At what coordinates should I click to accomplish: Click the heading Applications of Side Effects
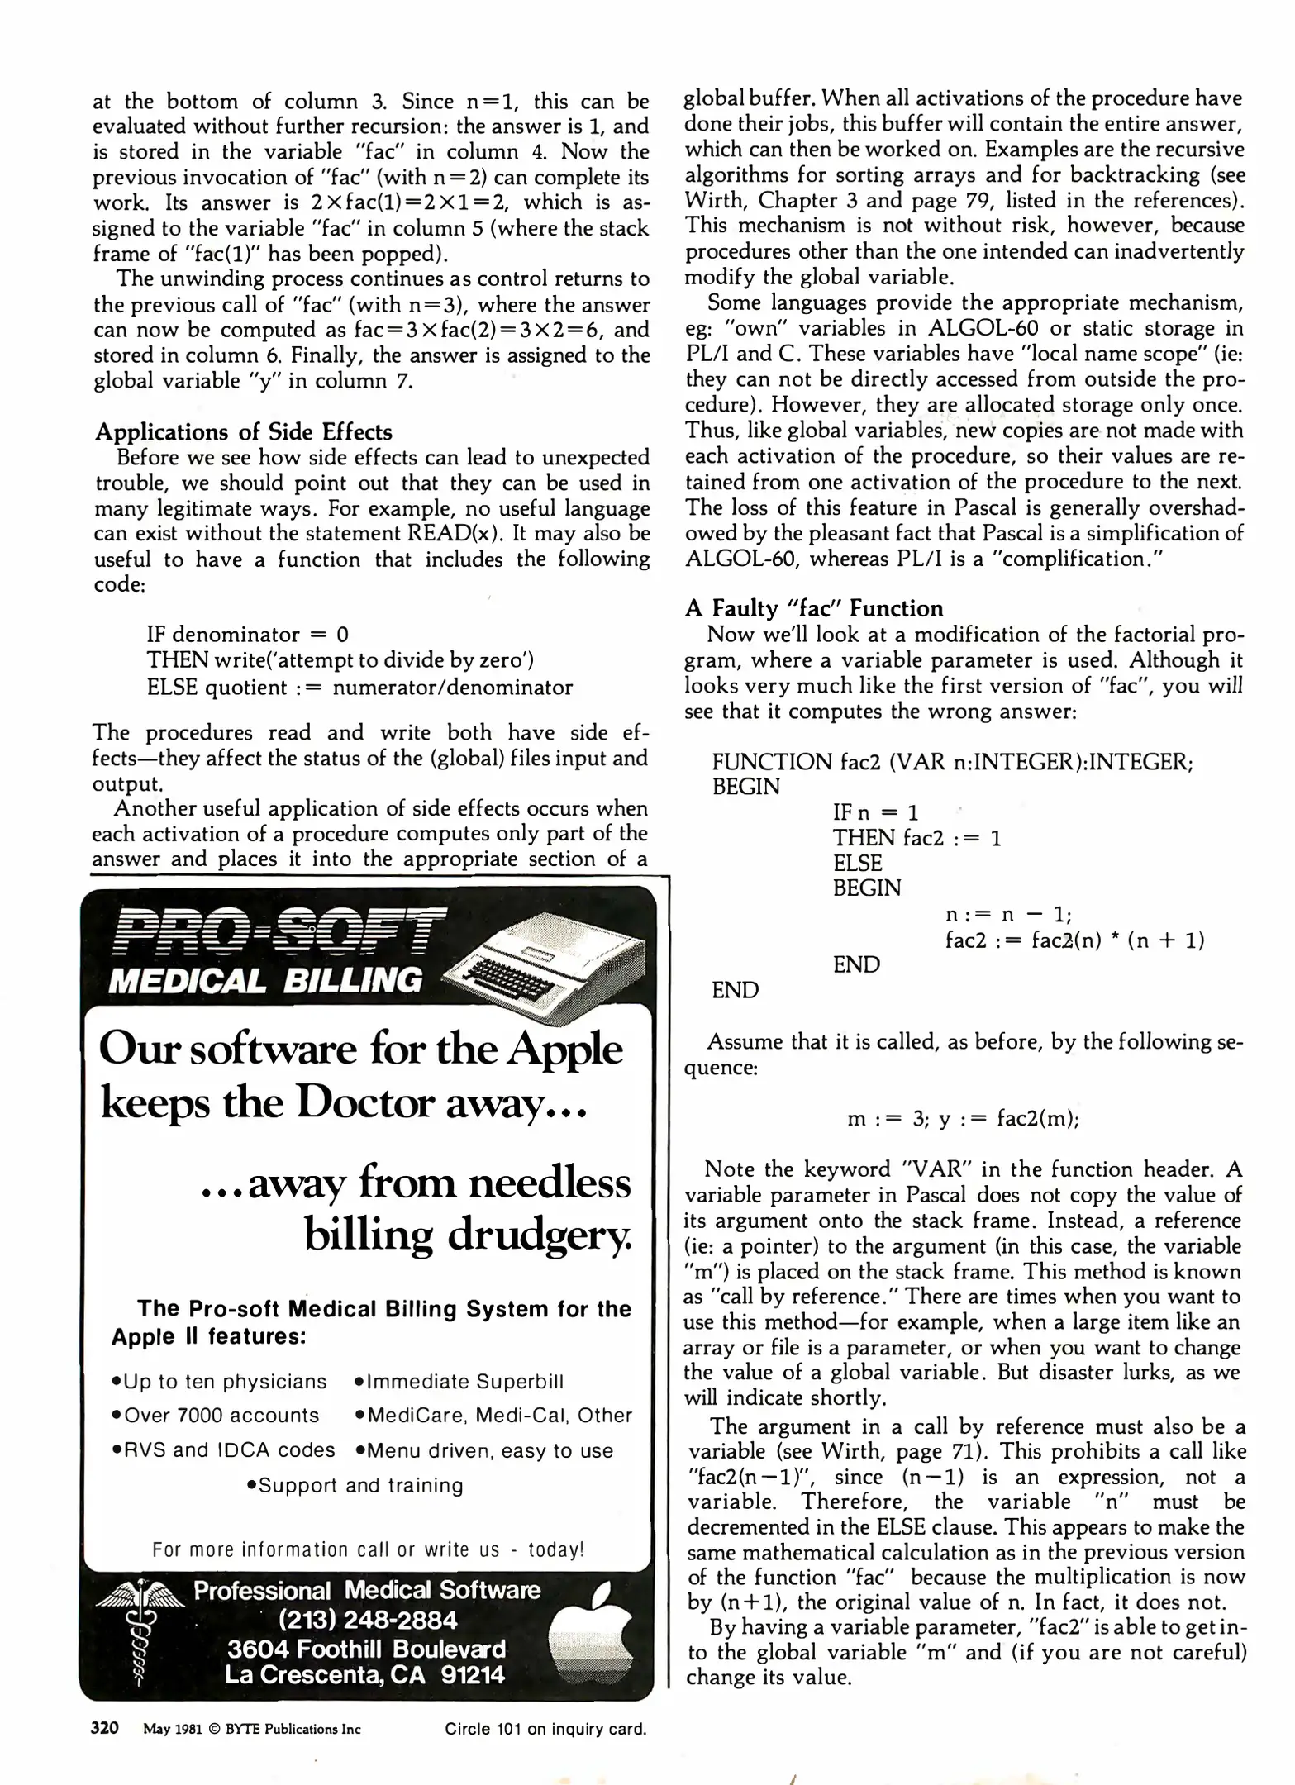pyautogui.click(x=243, y=432)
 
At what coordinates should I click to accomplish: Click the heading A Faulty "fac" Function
pyautogui.click(x=813, y=608)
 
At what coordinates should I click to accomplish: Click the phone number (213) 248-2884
pyautogui.click(x=368, y=1620)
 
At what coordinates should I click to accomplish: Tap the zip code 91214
pyautogui.click(x=472, y=1675)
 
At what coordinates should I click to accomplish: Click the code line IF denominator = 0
pyautogui.click(x=247, y=634)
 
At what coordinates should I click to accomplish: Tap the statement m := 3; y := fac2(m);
pyautogui.click(x=964, y=1119)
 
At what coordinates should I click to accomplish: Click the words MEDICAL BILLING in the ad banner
pyautogui.click(x=264, y=981)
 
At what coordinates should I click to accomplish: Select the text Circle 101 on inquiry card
pyautogui.click(x=545, y=1729)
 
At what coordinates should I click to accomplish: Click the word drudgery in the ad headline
pyautogui.click(x=540, y=1235)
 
